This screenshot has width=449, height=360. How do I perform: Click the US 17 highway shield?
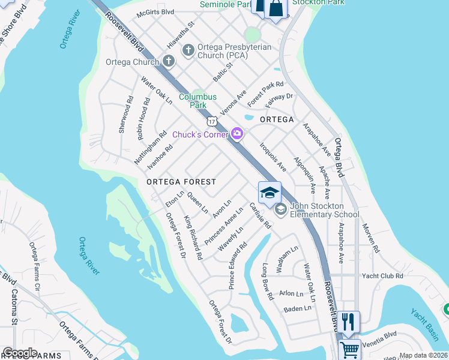click(x=212, y=122)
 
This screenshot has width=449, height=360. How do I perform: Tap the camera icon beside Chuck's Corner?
click(x=237, y=134)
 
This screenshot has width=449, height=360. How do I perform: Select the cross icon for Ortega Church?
click(x=168, y=61)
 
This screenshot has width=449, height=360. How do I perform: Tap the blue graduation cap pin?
click(x=270, y=193)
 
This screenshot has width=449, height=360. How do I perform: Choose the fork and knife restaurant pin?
click(x=348, y=321)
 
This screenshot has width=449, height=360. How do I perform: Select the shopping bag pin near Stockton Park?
click(x=276, y=9)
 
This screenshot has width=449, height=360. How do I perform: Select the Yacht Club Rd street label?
click(x=382, y=276)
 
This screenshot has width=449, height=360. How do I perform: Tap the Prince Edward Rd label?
click(x=237, y=265)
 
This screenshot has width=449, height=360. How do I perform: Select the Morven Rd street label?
click(x=370, y=239)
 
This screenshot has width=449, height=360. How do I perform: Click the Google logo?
click(x=20, y=353)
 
